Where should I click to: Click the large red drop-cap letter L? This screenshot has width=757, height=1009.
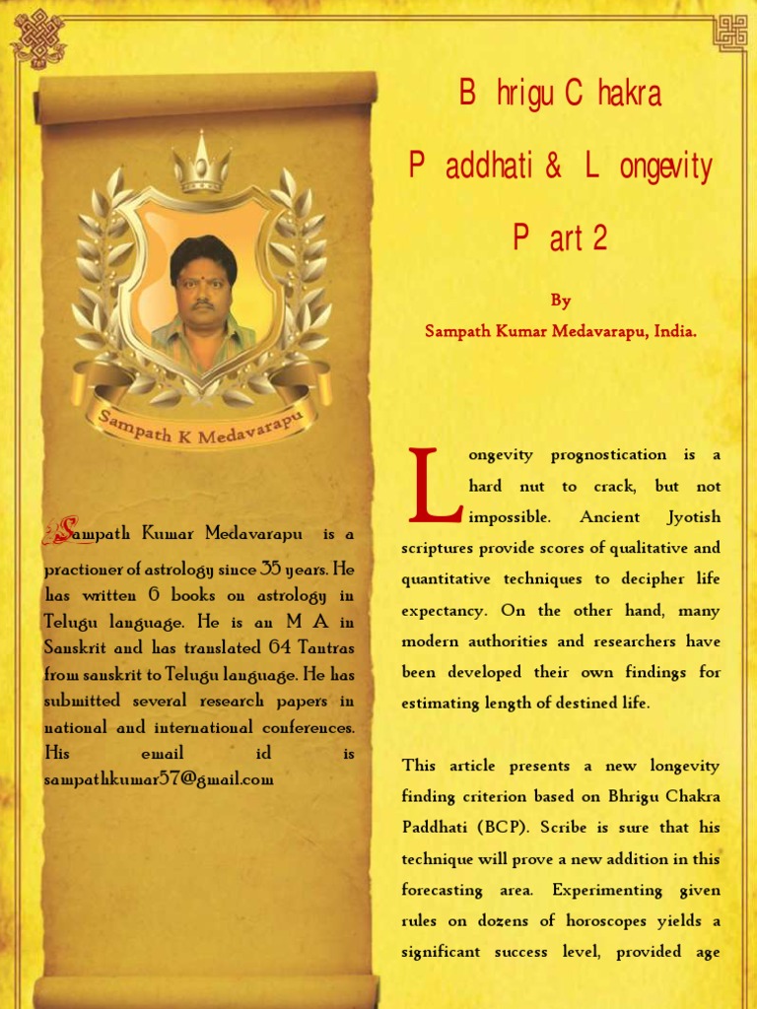coord(435,486)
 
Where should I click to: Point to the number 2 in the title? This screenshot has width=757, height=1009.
coord(600,237)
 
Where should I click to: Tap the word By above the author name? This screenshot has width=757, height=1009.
coord(560,302)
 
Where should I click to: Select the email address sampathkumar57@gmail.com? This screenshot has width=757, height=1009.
coord(159,778)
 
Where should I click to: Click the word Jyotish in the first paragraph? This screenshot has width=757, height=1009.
coord(693,517)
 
